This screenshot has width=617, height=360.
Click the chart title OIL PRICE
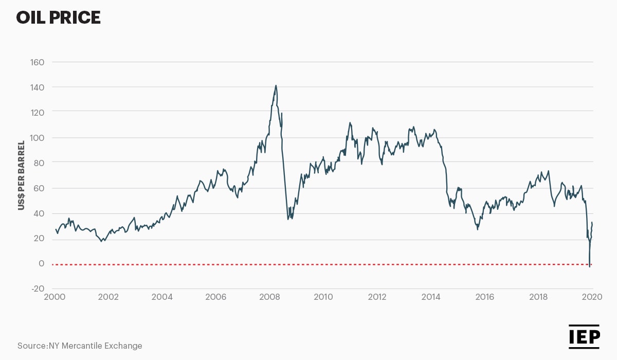pyautogui.click(x=58, y=18)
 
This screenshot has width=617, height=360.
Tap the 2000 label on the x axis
pyautogui.click(x=55, y=297)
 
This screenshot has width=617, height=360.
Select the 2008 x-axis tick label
pyautogui.click(x=269, y=297)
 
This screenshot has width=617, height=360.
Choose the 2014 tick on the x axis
pyautogui.click(x=431, y=297)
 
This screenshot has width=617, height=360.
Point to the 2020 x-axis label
pyautogui.click(x=592, y=297)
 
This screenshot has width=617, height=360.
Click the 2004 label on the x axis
pyautogui.click(x=162, y=297)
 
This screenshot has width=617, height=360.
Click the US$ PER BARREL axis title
pyautogui.click(x=22, y=175)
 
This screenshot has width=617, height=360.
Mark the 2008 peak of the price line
pyautogui.click(x=276, y=86)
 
